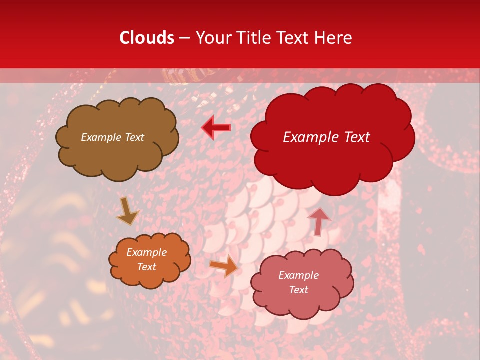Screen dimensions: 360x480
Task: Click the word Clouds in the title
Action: tap(147, 38)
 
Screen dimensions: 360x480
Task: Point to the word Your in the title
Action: tap(213, 38)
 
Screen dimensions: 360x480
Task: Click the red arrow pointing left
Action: tap(216, 128)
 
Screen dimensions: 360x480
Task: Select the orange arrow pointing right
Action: tap(223, 266)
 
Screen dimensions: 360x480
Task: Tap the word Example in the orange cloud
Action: tap(146, 252)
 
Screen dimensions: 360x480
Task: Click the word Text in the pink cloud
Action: tap(298, 290)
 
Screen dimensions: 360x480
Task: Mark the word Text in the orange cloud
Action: tap(146, 267)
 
